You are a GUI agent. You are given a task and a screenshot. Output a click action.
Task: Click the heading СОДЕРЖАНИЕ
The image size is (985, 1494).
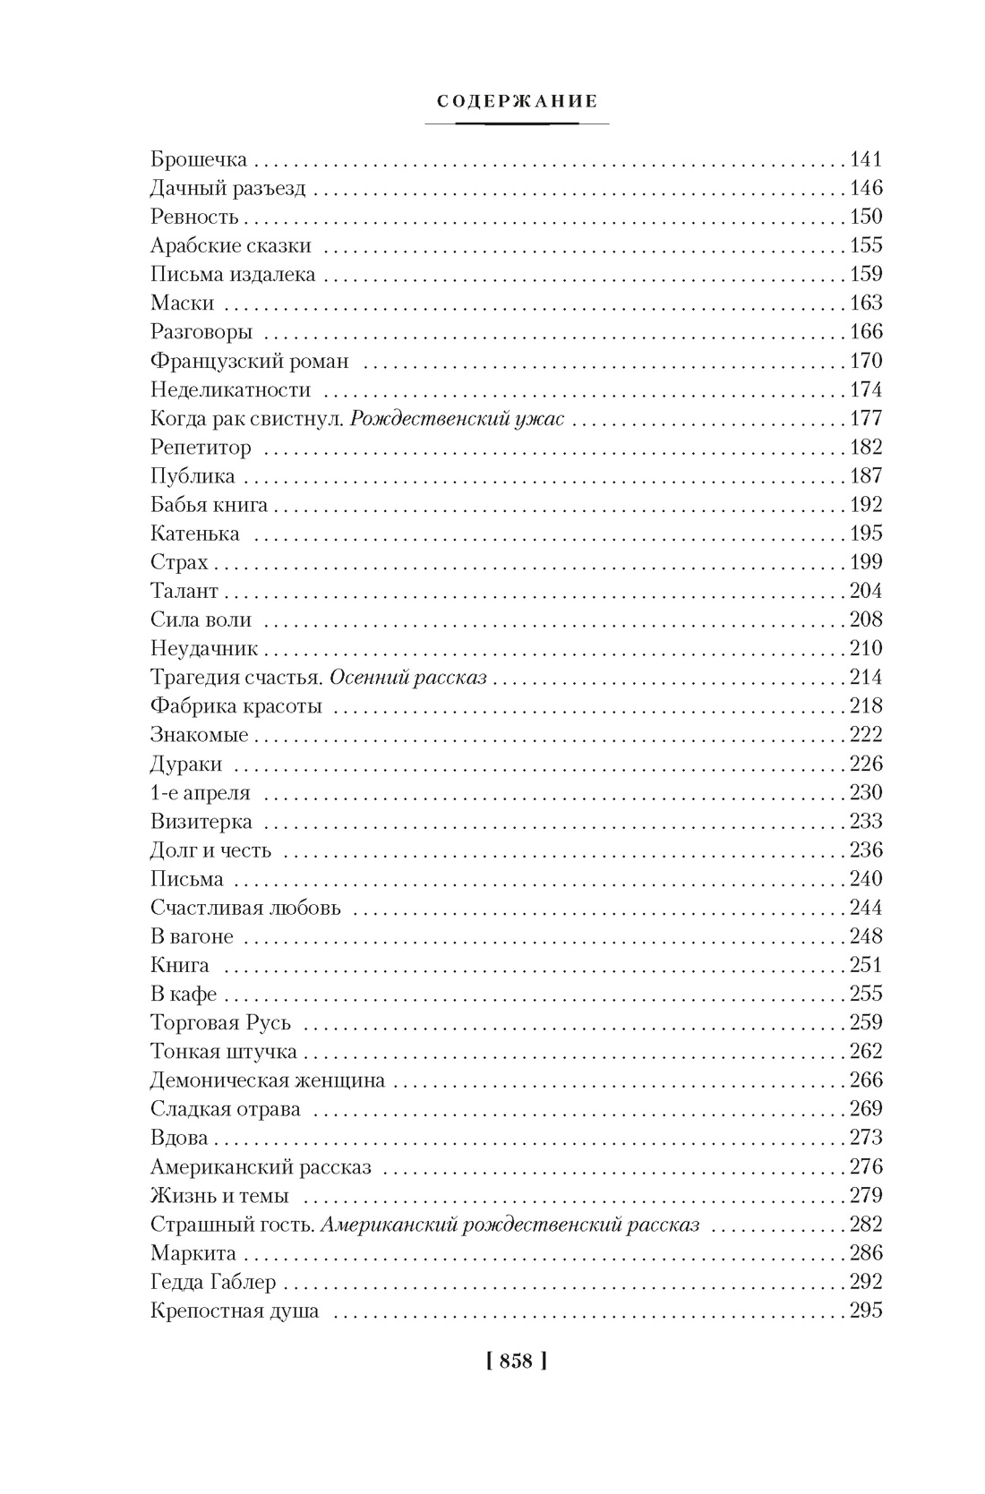(517, 101)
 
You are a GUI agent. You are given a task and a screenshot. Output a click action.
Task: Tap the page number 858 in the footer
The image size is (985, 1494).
(517, 1362)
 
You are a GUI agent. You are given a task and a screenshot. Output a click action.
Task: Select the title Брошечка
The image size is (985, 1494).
(199, 160)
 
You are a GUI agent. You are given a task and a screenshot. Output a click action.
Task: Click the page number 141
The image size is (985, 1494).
(866, 160)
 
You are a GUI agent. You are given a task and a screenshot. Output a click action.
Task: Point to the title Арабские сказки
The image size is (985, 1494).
(231, 246)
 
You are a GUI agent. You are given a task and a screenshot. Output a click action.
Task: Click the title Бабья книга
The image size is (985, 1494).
(210, 505)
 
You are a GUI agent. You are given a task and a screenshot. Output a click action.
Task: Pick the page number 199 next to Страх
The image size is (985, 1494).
(866, 562)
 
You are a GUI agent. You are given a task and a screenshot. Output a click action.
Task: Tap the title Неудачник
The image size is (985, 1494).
(204, 649)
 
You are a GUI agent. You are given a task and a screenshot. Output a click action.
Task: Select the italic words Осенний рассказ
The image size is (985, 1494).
(408, 678)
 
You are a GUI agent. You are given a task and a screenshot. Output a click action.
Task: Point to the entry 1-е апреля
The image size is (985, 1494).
(201, 793)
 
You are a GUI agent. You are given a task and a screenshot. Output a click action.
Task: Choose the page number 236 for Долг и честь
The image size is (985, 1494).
(866, 850)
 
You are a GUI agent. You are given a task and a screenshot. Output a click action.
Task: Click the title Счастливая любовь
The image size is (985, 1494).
(246, 908)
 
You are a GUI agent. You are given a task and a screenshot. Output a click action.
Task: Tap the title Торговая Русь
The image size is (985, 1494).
(221, 1023)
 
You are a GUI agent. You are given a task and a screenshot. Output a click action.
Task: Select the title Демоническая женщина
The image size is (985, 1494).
(268, 1080)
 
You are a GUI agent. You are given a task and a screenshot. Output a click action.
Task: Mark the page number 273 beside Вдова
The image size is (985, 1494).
(866, 1138)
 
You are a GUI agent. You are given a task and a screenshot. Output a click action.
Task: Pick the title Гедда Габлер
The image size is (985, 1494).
(214, 1282)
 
